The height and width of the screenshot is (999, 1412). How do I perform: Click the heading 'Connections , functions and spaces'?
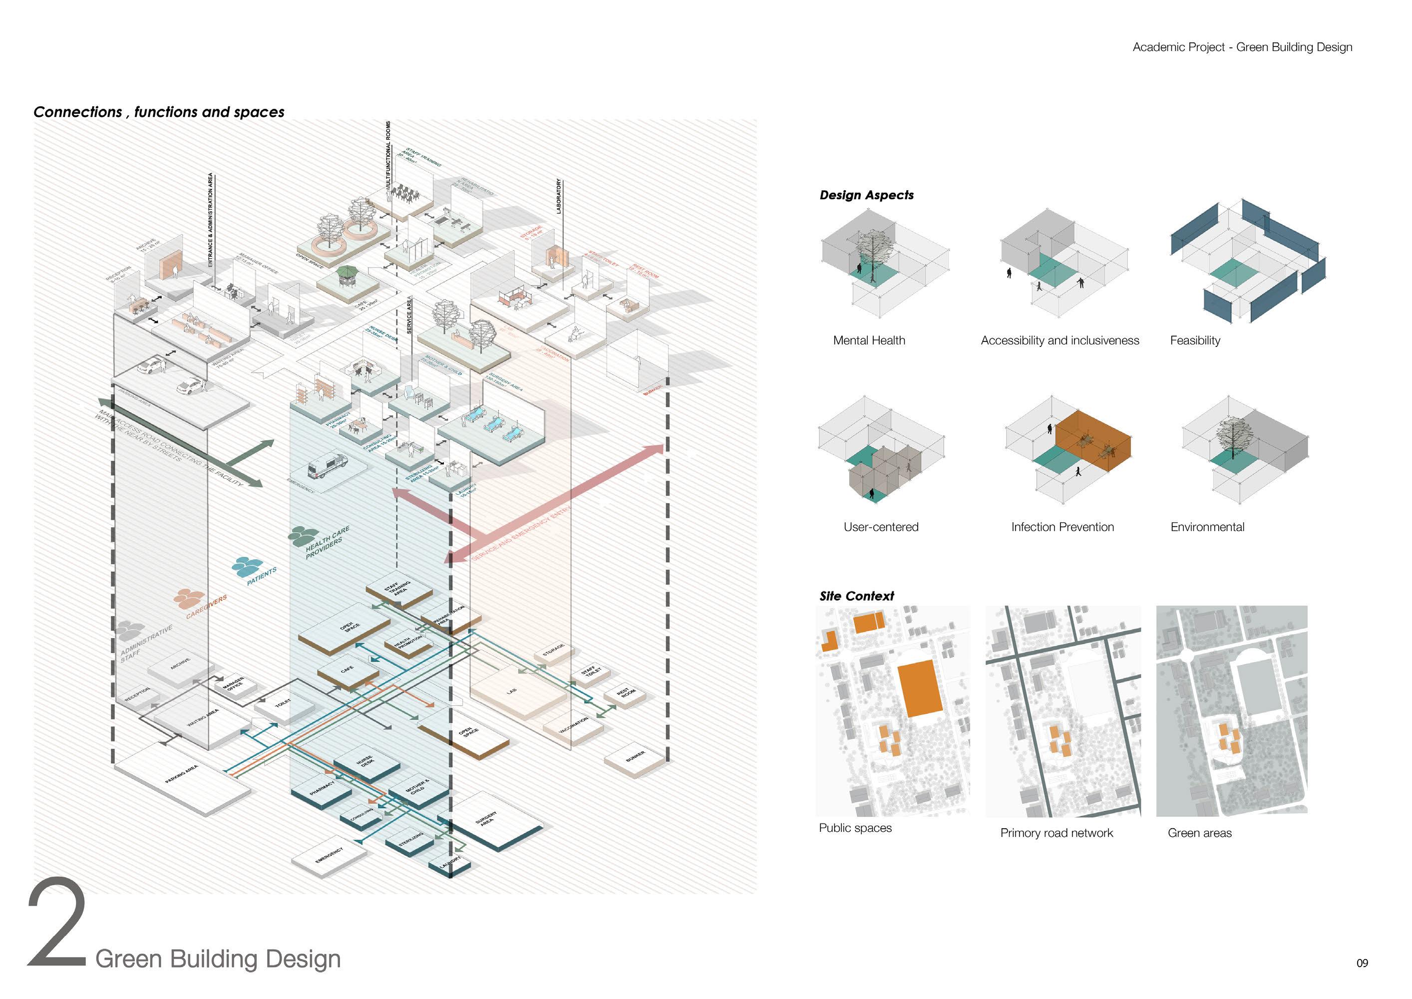tap(159, 112)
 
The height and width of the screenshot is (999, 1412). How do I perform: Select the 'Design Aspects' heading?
tap(866, 195)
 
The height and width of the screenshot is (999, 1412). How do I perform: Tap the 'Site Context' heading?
tap(856, 596)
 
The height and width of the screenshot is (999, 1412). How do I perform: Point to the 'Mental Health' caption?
tap(869, 340)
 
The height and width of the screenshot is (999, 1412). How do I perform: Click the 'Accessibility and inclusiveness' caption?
tap(1059, 340)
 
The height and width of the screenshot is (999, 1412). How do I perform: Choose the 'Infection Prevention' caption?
tap(1062, 527)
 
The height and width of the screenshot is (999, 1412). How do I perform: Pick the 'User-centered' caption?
tap(880, 527)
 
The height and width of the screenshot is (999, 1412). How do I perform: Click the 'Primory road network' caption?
tap(1057, 832)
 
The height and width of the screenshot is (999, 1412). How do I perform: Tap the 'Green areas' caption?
tap(1199, 832)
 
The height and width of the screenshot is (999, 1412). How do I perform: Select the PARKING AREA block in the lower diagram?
tap(183, 775)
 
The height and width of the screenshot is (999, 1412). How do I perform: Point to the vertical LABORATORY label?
tap(559, 196)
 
